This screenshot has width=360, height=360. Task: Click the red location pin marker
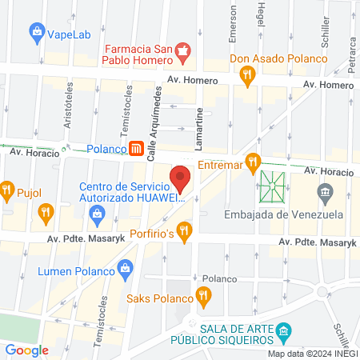[x=180, y=178]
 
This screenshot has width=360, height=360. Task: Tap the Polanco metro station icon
[x=137, y=149]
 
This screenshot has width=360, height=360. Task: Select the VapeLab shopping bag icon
[x=37, y=34]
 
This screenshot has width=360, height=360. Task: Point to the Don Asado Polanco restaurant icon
[x=248, y=75]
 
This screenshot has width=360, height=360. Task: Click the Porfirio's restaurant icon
[x=185, y=233]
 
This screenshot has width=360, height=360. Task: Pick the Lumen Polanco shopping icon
[x=125, y=271]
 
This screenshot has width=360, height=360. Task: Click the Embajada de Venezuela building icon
[x=325, y=193]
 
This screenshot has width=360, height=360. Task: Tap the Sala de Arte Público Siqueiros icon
[x=283, y=331]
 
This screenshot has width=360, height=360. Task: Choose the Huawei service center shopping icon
[x=97, y=213]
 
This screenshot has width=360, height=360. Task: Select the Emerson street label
[x=234, y=25]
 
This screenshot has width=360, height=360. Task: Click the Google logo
[x=26, y=350]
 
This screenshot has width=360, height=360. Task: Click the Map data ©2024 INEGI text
[x=312, y=354]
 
